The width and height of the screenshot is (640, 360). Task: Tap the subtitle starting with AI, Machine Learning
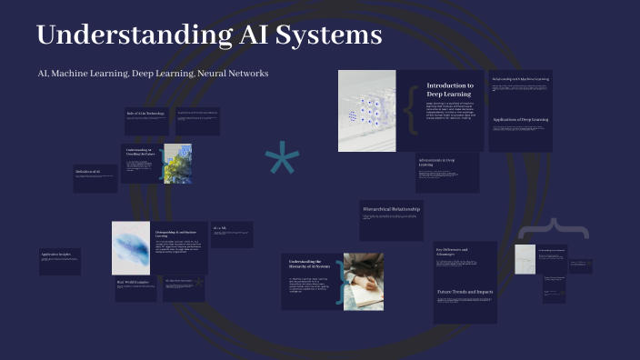coord(153,73)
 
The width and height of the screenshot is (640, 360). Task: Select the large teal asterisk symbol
coord(282,164)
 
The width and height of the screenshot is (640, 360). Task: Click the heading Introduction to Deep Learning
coord(450,89)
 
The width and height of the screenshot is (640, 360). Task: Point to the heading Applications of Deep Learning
coord(519,119)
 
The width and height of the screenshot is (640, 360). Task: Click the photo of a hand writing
coord(363,281)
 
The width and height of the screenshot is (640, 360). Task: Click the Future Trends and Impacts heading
coord(465,292)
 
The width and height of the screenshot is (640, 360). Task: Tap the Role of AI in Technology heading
coord(145,113)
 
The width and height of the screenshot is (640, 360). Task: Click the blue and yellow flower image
coord(176,164)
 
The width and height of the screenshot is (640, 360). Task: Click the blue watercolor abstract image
coord(130,247)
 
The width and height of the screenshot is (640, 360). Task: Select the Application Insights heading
coord(56,255)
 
